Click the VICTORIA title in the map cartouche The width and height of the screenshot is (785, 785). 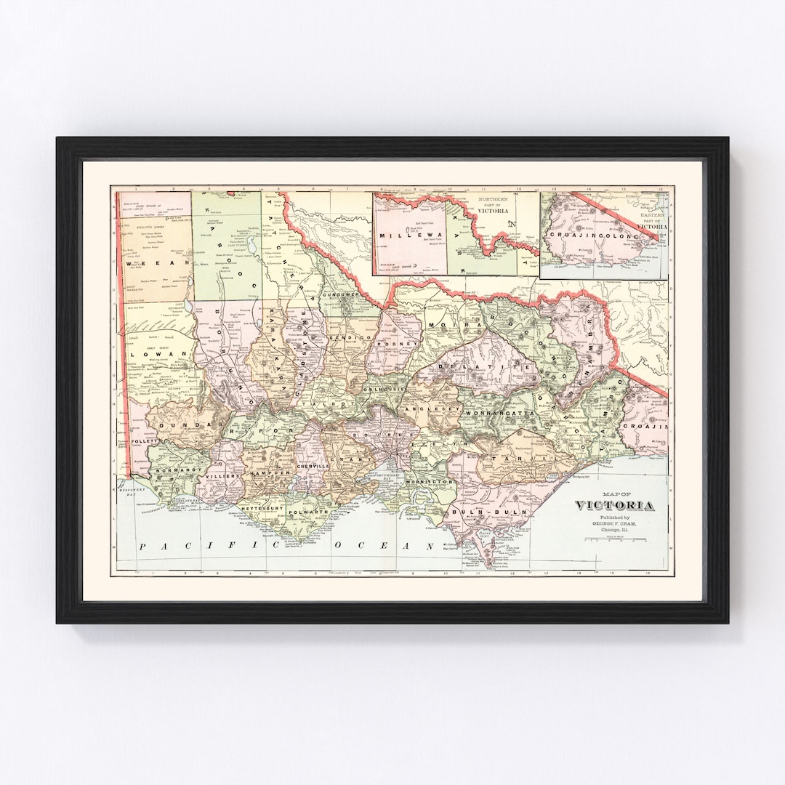click(x=615, y=506)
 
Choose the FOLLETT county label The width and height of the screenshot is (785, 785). click(x=145, y=441)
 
